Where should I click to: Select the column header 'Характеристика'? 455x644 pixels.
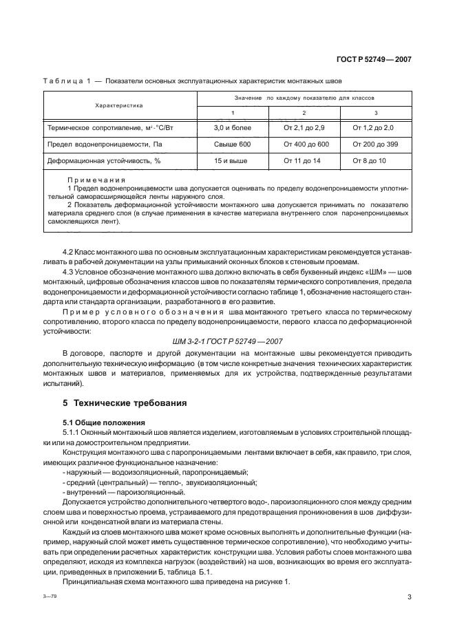[x=118, y=106]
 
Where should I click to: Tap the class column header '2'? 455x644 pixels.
[x=304, y=113]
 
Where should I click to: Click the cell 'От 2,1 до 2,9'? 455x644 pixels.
[x=304, y=128]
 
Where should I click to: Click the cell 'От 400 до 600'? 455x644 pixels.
[x=304, y=144]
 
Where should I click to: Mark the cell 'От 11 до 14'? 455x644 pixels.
[x=304, y=160]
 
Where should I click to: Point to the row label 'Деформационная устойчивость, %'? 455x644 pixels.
[x=103, y=160]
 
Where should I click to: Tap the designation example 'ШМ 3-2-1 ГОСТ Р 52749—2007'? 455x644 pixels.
[x=226, y=341]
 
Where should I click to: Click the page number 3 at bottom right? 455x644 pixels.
[x=409, y=598]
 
